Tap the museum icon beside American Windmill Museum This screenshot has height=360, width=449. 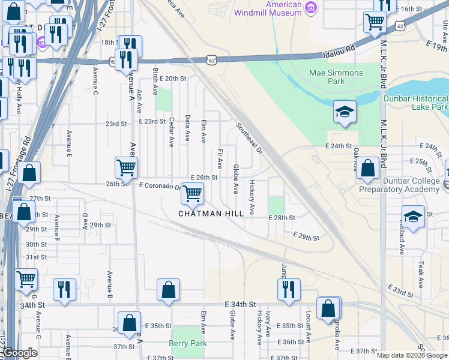tap(310, 8)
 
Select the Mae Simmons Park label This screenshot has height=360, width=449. tap(336, 77)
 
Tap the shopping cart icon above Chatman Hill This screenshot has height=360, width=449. tap(192, 193)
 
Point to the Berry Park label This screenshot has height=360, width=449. tap(188, 343)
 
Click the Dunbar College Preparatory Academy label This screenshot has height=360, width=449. tap(399, 185)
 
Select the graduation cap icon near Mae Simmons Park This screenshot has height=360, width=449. tap(345, 112)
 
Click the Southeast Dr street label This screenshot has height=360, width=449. tap(249, 138)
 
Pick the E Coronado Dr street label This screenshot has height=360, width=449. tap(159, 186)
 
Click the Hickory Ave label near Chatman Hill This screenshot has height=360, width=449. tap(252, 197)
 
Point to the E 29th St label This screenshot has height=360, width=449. tap(306, 238)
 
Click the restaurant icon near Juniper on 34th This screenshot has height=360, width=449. tap(289, 289)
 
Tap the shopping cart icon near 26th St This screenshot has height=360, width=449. tap(126, 167)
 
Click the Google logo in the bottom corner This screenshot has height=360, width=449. tap(20, 353)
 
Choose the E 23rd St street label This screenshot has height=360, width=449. tap(152, 121)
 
